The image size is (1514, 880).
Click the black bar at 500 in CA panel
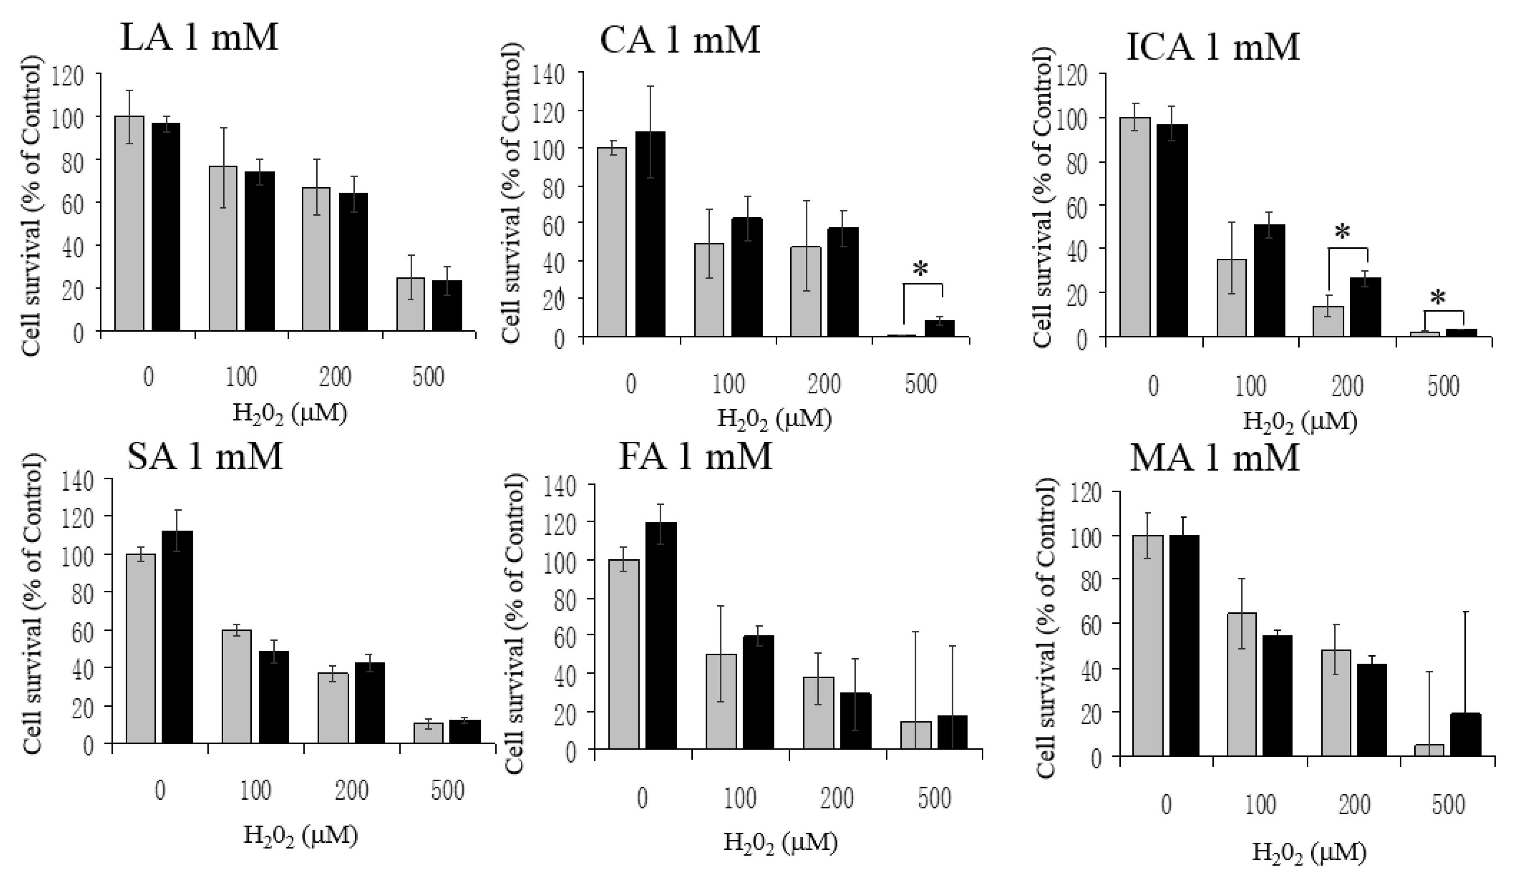coord(939,329)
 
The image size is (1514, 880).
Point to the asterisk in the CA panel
coord(921,270)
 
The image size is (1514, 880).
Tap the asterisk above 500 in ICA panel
coord(1438,298)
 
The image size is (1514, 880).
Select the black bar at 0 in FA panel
coord(662,636)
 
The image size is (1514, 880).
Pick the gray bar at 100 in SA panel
coord(237,687)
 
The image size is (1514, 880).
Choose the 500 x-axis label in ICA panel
coord(1443,387)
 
